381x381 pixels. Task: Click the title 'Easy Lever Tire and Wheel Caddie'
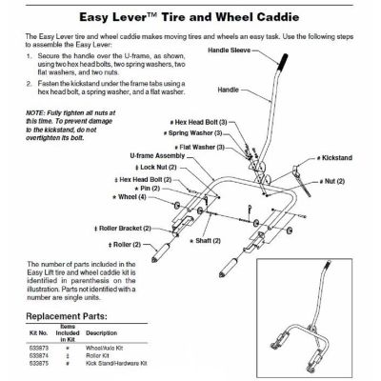[190, 14]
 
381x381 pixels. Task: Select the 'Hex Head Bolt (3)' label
[199, 123]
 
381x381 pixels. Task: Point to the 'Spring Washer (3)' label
[200, 134]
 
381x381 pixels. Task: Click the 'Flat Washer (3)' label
[201, 148]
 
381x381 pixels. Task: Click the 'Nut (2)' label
[332, 180]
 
